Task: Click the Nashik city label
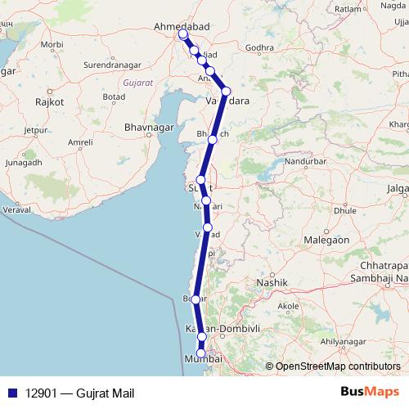[272, 282]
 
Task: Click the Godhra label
[258, 47]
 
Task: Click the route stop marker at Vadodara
[227, 91]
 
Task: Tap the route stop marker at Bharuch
[213, 140]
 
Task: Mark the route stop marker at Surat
[200, 180]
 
